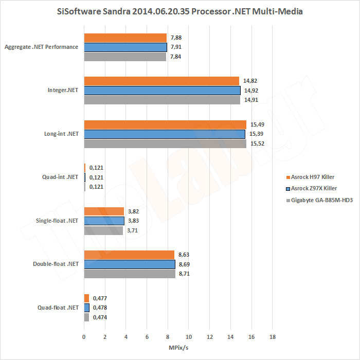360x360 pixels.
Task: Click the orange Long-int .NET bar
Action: [165, 124]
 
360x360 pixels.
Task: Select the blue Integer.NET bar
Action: [162, 91]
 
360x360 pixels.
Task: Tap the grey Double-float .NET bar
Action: [130, 274]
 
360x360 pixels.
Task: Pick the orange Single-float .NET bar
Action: [104, 211]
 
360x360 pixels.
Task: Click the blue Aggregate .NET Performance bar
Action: [125, 47]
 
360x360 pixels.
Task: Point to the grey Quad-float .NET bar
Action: [86, 317]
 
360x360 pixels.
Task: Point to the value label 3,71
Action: [133, 230]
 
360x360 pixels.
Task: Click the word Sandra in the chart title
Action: [117, 11]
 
